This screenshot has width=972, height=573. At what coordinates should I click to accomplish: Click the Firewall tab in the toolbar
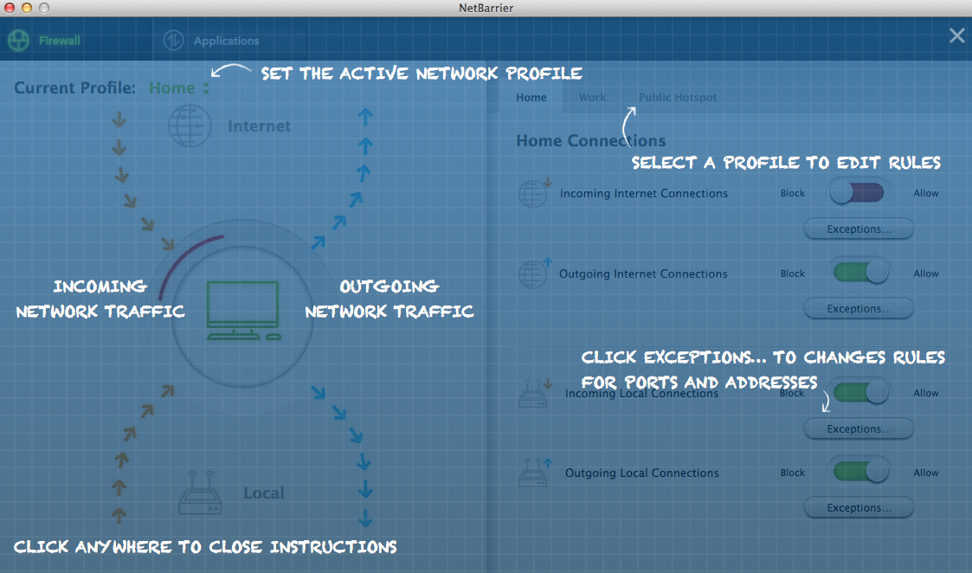[44, 41]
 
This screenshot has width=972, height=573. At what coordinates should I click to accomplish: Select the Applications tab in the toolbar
[211, 41]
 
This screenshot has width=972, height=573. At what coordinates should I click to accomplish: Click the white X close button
[957, 36]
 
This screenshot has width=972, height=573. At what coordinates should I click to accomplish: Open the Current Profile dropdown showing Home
[179, 88]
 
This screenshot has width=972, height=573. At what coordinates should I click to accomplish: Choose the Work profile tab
[593, 97]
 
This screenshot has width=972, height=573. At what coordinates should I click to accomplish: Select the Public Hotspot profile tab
[678, 97]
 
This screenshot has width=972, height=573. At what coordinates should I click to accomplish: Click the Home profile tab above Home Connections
[531, 97]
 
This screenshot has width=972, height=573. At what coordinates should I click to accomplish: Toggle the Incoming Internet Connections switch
[858, 193]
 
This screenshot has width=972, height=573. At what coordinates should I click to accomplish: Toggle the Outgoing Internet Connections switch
[860, 273]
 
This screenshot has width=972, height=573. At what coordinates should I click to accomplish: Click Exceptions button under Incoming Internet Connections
[859, 229]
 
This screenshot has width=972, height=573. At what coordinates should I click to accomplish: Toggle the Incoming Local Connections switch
[860, 392]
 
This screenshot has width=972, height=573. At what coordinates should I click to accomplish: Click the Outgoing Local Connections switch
[860, 472]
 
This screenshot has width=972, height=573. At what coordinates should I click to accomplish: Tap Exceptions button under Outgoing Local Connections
[859, 508]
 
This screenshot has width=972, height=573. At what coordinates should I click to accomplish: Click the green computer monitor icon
[243, 310]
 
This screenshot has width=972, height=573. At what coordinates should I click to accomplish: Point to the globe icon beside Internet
[190, 126]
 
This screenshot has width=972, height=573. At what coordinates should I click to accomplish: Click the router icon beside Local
[200, 493]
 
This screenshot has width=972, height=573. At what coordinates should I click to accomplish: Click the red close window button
[10, 8]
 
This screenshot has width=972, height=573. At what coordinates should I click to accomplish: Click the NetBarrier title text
[486, 8]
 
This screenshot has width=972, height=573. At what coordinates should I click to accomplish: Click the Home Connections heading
[591, 141]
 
